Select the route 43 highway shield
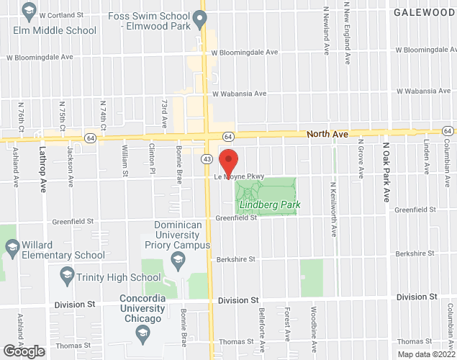pyautogui.click(x=207, y=158)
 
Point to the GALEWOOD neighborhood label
pyautogui.click(x=425, y=12)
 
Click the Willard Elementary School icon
pyautogui.click(x=12, y=248)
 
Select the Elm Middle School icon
pyautogui.click(x=29, y=11)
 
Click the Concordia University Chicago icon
pyautogui.click(x=142, y=333)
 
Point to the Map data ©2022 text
pyautogui.click(x=427, y=354)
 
